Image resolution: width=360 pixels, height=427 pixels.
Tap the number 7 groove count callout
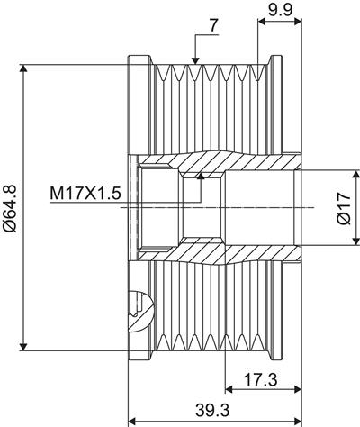point(212,26)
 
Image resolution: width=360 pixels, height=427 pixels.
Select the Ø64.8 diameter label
point(10,208)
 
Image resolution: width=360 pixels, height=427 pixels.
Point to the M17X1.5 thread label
point(85,194)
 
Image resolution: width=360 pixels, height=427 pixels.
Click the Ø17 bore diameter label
point(344,208)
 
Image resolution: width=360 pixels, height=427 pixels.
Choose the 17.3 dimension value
point(260,380)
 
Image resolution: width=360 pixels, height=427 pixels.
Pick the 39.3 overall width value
point(212,410)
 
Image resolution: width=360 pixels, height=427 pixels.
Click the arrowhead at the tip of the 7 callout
point(195,61)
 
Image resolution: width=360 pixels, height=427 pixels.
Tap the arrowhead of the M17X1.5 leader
point(201,176)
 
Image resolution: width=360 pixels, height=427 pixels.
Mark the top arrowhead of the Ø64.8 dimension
point(23,68)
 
